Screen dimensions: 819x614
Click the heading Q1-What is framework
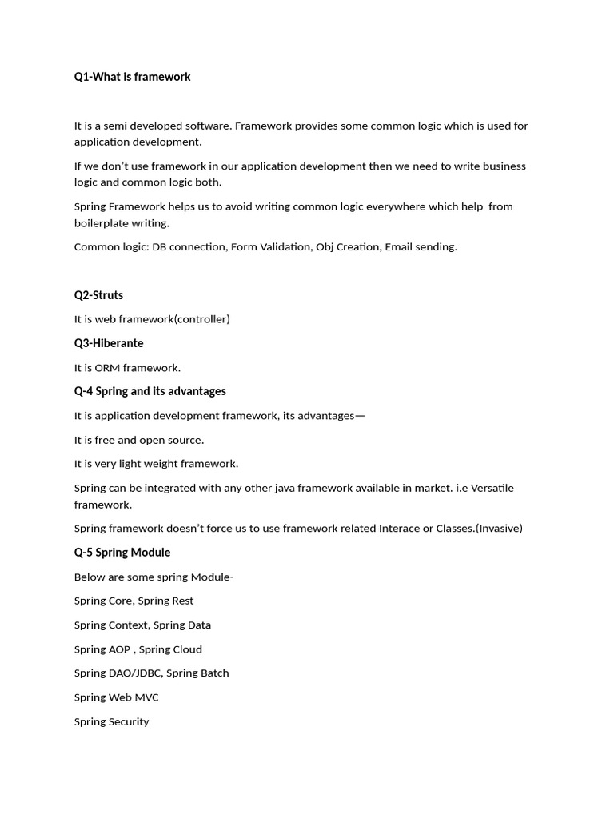(x=132, y=77)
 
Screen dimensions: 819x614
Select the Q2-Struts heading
(x=98, y=295)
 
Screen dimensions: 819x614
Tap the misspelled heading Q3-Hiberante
(x=109, y=343)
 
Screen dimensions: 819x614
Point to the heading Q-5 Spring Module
(x=122, y=553)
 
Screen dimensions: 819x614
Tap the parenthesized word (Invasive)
(x=499, y=529)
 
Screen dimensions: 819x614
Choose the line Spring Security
(x=111, y=721)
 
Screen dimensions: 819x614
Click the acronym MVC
(x=146, y=697)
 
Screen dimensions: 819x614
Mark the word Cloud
(x=186, y=649)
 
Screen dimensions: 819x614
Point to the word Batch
(x=214, y=673)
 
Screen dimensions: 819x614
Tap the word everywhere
(x=392, y=206)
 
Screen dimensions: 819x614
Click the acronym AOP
(x=118, y=649)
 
